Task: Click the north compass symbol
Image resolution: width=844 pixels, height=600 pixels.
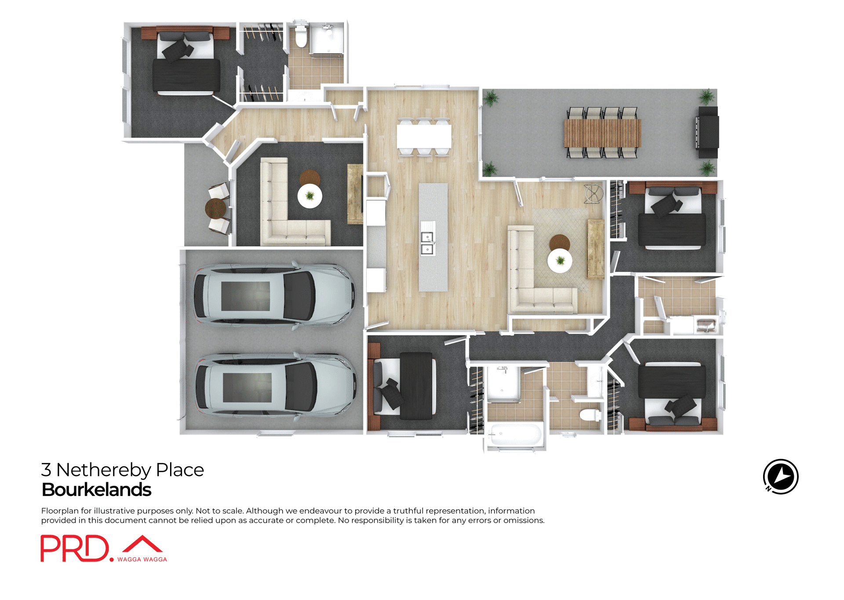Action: click(780, 477)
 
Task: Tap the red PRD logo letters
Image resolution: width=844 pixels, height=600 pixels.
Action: click(75, 548)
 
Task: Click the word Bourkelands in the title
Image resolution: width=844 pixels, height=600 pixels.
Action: click(96, 490)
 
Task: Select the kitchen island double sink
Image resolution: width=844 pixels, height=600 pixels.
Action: click(427, 243)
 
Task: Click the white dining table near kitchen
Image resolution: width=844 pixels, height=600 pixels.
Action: click(424, 137)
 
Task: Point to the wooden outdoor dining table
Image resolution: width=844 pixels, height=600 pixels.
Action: click(602, 133)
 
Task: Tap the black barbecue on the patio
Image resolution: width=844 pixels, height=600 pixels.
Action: click(708, 132)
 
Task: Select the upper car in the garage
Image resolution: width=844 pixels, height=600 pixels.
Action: click(273, 295)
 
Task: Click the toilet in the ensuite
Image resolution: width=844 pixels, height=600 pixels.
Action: click(301, 36)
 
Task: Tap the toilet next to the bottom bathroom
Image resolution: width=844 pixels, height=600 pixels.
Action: click(589, 415)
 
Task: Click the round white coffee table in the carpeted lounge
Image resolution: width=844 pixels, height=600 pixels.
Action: click(310, 196)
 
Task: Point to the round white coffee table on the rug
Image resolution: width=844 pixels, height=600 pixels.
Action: click(560, 261)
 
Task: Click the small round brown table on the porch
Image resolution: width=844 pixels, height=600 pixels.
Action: click(216, 208)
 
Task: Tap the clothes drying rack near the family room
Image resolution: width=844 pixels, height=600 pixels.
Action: click(593, 194)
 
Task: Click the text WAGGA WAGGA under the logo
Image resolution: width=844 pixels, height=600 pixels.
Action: click(142, 559)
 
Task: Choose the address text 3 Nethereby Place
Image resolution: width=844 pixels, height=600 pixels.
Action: click(123, 470)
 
